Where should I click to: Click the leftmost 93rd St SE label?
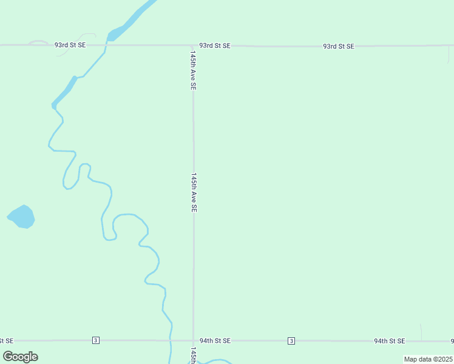coord(70,45)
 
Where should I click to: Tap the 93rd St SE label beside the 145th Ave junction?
coord(215,45)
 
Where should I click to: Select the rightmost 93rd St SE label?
coord(339,46)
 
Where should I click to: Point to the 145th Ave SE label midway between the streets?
coord(194,192)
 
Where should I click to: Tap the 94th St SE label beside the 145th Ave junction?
coord(215,341)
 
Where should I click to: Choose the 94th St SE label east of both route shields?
coord(389,341)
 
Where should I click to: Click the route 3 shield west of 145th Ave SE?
coord(96,340)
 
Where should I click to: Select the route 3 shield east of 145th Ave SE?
coord(291,340)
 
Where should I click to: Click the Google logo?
coord(21,357)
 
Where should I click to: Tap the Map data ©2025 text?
coord(428,359)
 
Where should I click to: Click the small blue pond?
coord(22,217)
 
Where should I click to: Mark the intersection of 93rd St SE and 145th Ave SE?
coord(193,45)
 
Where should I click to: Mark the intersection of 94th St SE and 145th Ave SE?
coord(193,340)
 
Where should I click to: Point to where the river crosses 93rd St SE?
coord(107,45)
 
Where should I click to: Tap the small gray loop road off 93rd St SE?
coord(38,42)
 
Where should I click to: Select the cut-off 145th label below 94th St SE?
coord(193,356)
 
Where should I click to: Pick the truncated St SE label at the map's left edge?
coord(7,341)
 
